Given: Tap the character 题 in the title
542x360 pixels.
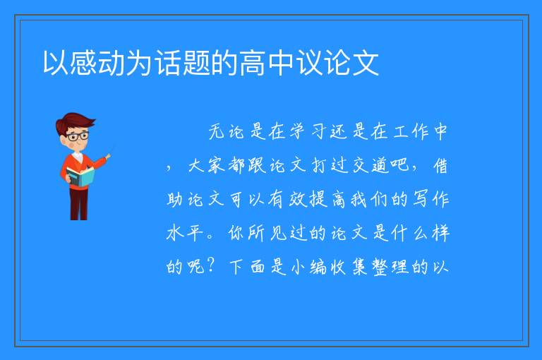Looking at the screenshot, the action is (x=197, y=63).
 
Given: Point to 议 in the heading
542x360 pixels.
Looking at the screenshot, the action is (x=310, y=63).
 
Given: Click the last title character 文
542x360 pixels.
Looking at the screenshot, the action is (x=366, y=63).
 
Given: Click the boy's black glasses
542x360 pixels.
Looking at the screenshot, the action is (x=78, y=136).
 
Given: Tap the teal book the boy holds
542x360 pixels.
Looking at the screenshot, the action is (x=80, y=177).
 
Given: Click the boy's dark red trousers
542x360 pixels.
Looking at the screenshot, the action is (x=79, y=204).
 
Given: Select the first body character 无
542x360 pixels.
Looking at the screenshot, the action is (x=217, y=132).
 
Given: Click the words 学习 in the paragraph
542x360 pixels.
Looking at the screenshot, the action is (x=308, y=132).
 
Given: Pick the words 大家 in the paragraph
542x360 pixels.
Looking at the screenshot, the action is (x=206, y=165).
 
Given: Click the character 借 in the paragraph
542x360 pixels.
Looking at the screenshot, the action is (x=440, y=165).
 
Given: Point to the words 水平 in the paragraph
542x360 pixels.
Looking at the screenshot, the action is (x=185, y=233).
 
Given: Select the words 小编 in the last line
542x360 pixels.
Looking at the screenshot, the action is (x=308, y=267).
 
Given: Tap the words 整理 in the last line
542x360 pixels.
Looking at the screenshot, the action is (x=390, y=267).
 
